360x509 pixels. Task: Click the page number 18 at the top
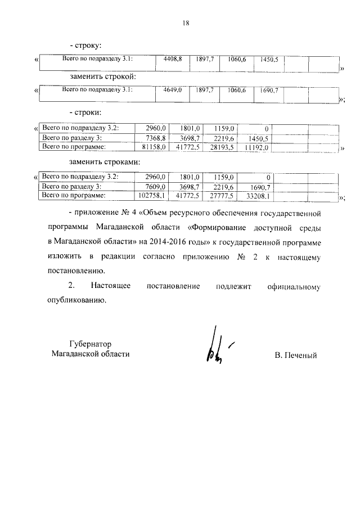click(185, 23)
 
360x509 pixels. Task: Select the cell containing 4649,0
click(172, 90)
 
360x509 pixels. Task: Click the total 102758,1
click(154, 196)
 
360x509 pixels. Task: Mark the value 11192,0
click(257, 147)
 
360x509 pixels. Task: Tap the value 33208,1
click(258, 196)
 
